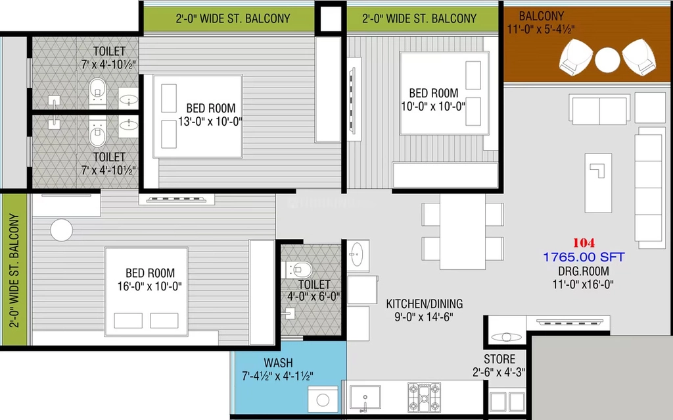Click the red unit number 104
click(584, 243)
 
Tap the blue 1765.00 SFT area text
click(584, 257)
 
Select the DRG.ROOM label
click(584, 271)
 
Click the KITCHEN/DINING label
click(425, 303)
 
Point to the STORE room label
click(499, 359)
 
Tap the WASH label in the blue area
click(279, 363)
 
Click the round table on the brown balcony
click(607, 60)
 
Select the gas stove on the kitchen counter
click(424, 397)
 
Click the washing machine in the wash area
click(323, 400)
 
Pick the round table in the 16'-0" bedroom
click(61, 230)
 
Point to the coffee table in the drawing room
click(598, 183)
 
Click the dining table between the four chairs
click(463, 232)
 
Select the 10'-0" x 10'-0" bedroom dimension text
click(433, 106)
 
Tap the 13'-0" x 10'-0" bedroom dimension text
click(210, 121)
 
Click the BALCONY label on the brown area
click(542, 16)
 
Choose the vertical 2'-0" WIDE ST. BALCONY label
click(14, 271)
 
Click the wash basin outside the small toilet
click(358, 255)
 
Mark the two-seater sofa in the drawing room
click(599, 109)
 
